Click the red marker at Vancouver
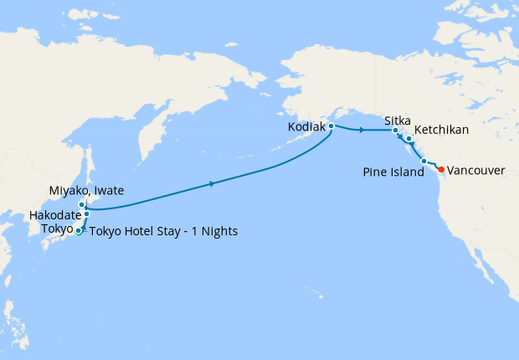click(441, 169)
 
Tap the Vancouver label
click(476, 170)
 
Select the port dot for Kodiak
click(331, 126)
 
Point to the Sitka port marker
click(396, 131)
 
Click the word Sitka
click(398, 121)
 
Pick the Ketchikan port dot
click(409, 138)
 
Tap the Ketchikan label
click(441, 131)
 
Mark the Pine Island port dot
click(424, 161)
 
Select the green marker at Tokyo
click(79, 231)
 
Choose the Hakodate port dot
click(86, 214)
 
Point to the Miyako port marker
click(81, 204)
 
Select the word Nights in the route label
click(219, 232)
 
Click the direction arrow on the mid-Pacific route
click(213, 183)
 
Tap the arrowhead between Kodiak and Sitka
click(361, 131)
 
